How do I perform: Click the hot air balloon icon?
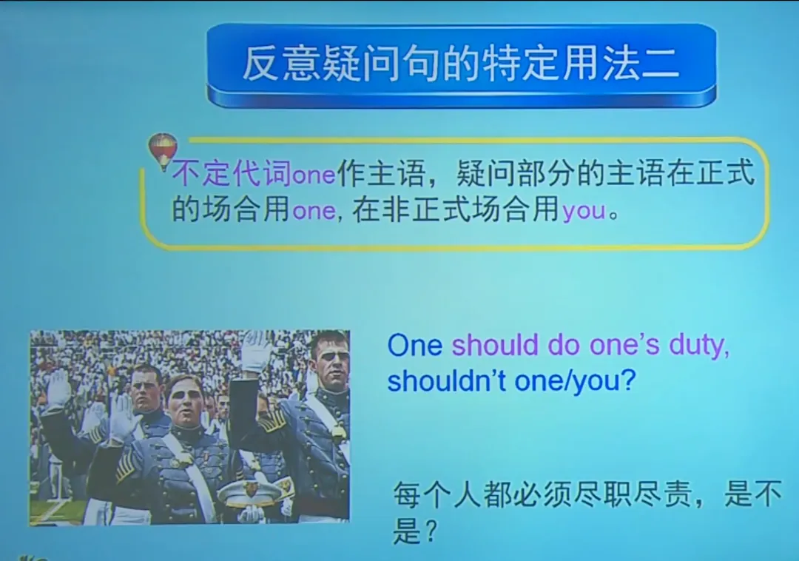click(x=163, y=150)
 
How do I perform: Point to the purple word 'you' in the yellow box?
click(x=584, y=212)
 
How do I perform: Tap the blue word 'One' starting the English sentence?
click(x=414, y=346)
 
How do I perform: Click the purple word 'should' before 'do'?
click(x=495, y=346)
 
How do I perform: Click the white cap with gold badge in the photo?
click(x=249, y=490)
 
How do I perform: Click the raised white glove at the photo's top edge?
click(x=257, y=351)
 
